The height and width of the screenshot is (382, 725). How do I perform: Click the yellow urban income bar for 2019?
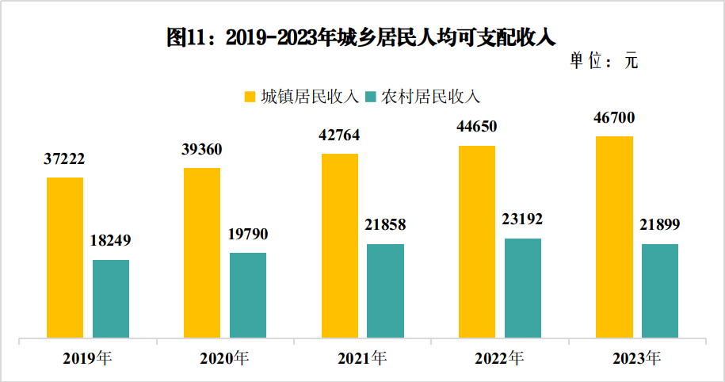coord(64,258)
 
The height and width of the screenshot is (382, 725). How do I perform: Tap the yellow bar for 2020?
coord(202,253)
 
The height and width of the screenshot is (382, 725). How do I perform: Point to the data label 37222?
coord(65,159)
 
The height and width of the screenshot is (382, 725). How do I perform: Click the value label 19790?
coord(248,235)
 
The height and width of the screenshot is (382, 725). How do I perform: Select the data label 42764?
coord(339,136)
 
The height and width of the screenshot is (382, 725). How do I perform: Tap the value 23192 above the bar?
coord(522,220)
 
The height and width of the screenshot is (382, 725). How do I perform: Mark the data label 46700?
coord(614,118)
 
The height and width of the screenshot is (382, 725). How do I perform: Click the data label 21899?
coord(660,225)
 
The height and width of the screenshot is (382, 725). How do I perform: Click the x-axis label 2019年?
coord(88,359)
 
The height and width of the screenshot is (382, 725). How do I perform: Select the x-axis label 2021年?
coord(362,359)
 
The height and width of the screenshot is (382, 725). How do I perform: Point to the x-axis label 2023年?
coord(636,359)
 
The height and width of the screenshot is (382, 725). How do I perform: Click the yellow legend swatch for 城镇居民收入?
coord(250,97)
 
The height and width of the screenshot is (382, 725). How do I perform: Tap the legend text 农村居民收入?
coord(430,97)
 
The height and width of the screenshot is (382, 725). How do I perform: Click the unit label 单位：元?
coord(604,62)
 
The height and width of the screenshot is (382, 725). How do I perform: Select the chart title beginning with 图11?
coord(362,36)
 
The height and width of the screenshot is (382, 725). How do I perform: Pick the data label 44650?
coord(476,127)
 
